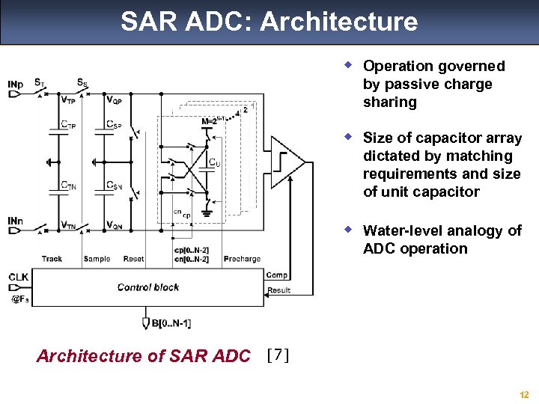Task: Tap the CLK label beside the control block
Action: click(19, 277)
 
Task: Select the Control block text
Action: click(148, 287)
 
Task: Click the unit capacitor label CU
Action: click(214, 162)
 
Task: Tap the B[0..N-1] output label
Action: click(171, 323)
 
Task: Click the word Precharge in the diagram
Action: click(242, 259)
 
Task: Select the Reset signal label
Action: click(133, 259)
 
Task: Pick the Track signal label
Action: click(52, 259)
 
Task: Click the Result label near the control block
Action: click(278, 290)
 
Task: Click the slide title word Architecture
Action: click(338, 22)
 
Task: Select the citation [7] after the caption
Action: click(277, 355)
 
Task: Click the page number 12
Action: click(523, 394)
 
